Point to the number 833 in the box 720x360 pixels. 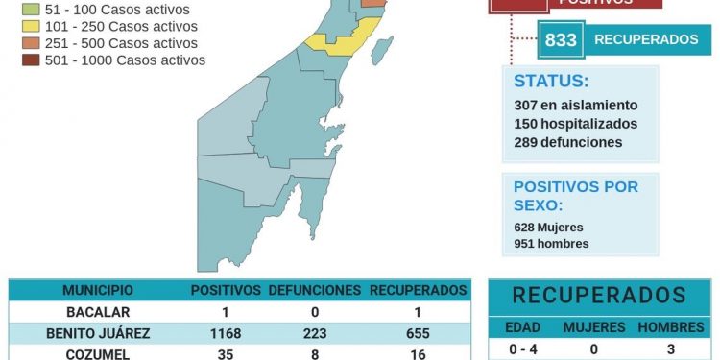coord(561,40)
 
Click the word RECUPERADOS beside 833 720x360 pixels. coord(646,40)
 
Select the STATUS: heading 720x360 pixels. coord(551,81)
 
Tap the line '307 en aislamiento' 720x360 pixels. coord(575,106)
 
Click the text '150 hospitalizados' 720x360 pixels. coord(575,124)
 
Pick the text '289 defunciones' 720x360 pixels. coord(567,142)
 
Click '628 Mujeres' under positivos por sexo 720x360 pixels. coord(548,227)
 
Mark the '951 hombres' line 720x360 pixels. coord(551,243)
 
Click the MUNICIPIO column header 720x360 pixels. coord(98,290)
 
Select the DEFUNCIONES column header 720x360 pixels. coord(314,290)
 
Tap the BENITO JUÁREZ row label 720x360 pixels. coord(98,333)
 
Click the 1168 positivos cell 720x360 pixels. coord(225,333)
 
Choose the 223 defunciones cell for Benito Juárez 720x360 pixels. coord(314,333)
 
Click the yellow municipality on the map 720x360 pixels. coord(340,41)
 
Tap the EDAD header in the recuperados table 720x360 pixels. coord(523,327)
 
